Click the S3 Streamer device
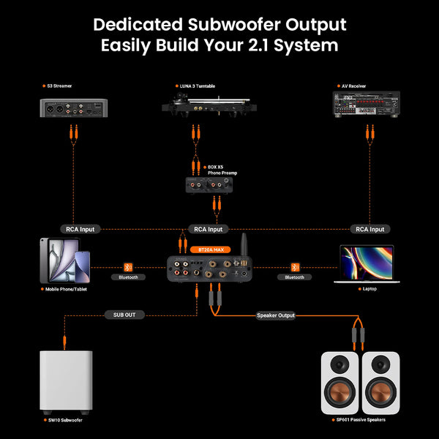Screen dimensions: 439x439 [x=72, y=109]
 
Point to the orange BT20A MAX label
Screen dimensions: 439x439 [x=209, y=249]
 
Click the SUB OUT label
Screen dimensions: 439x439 [x=124, y=315]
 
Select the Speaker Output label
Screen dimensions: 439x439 [x=276, y=315]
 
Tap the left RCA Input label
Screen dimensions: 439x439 [x=80, y=229]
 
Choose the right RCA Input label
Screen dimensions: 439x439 [x=369, y=229]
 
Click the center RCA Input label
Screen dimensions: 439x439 [x=210, y=229]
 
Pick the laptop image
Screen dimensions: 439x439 [x=367, y=264]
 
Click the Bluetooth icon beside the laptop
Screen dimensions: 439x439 [x=296, y=266]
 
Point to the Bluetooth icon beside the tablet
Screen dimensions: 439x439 [x=128, y=266]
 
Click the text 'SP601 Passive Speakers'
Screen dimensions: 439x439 [x=360, y=420]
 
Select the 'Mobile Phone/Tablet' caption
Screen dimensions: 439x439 [x=70, y=290]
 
